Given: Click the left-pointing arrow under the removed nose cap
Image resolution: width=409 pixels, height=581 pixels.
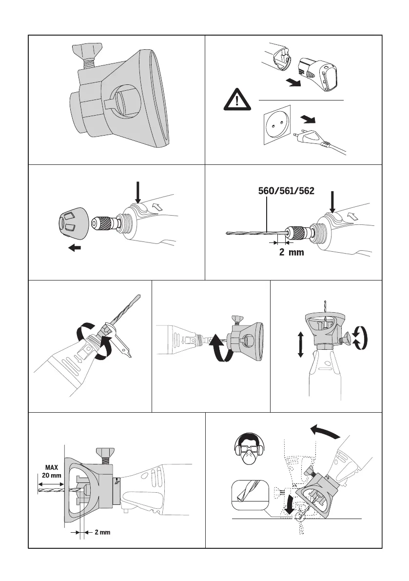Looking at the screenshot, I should click(x=75, y=248).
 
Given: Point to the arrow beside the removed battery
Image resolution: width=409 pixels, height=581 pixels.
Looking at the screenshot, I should click(x=292, y=83).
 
